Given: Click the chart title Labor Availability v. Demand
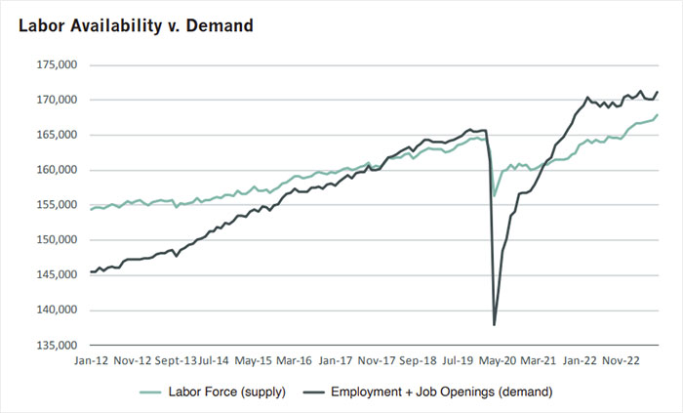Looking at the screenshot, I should coord(136,25).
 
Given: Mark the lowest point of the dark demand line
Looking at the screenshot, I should coord(495,324).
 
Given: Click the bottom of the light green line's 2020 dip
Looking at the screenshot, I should coord(495,196).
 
